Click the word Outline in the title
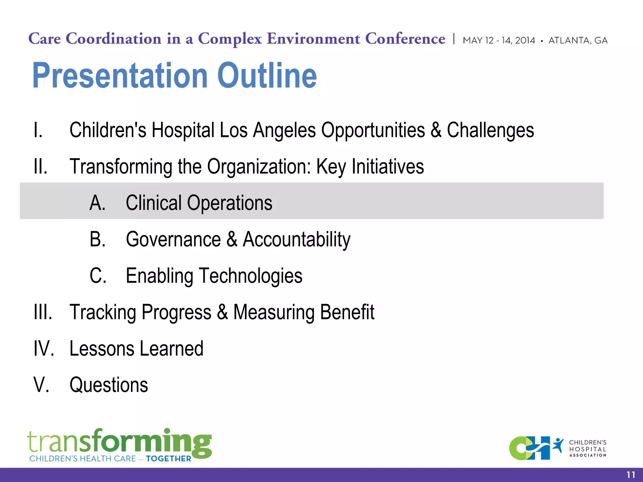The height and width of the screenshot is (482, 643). (267, 75)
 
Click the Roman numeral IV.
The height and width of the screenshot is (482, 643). (44, 348)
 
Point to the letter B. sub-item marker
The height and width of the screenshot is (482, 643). (97, 239)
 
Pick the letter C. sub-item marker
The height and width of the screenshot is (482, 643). (98, 276)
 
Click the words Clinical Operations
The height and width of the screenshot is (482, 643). (199, 203)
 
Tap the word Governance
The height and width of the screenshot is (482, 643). (173, 239)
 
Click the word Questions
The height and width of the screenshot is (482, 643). (109, 385)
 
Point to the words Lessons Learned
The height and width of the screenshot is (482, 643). (136, 348)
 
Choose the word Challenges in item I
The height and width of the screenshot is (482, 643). (490, 130)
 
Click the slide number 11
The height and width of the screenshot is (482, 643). (631, 475)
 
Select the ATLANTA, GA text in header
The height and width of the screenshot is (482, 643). (578, 40)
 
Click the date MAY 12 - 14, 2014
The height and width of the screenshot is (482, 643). (499, 40)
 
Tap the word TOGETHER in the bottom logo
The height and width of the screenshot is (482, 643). (168, 458)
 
